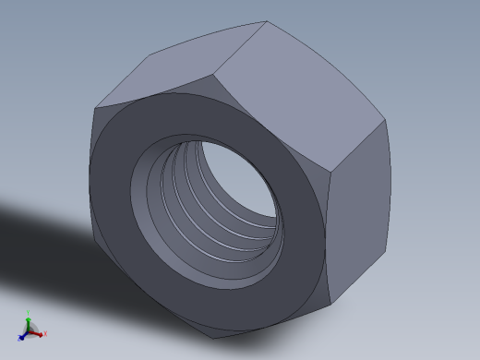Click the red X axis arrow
tap(39, 333)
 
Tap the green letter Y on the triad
tap(29, 313)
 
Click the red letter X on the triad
tap(44, 334)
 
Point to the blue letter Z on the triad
tap(18, 340)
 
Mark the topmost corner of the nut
tap(267, 22)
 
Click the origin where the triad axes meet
tap(29, 330)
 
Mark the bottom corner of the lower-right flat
tap(330, 304)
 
